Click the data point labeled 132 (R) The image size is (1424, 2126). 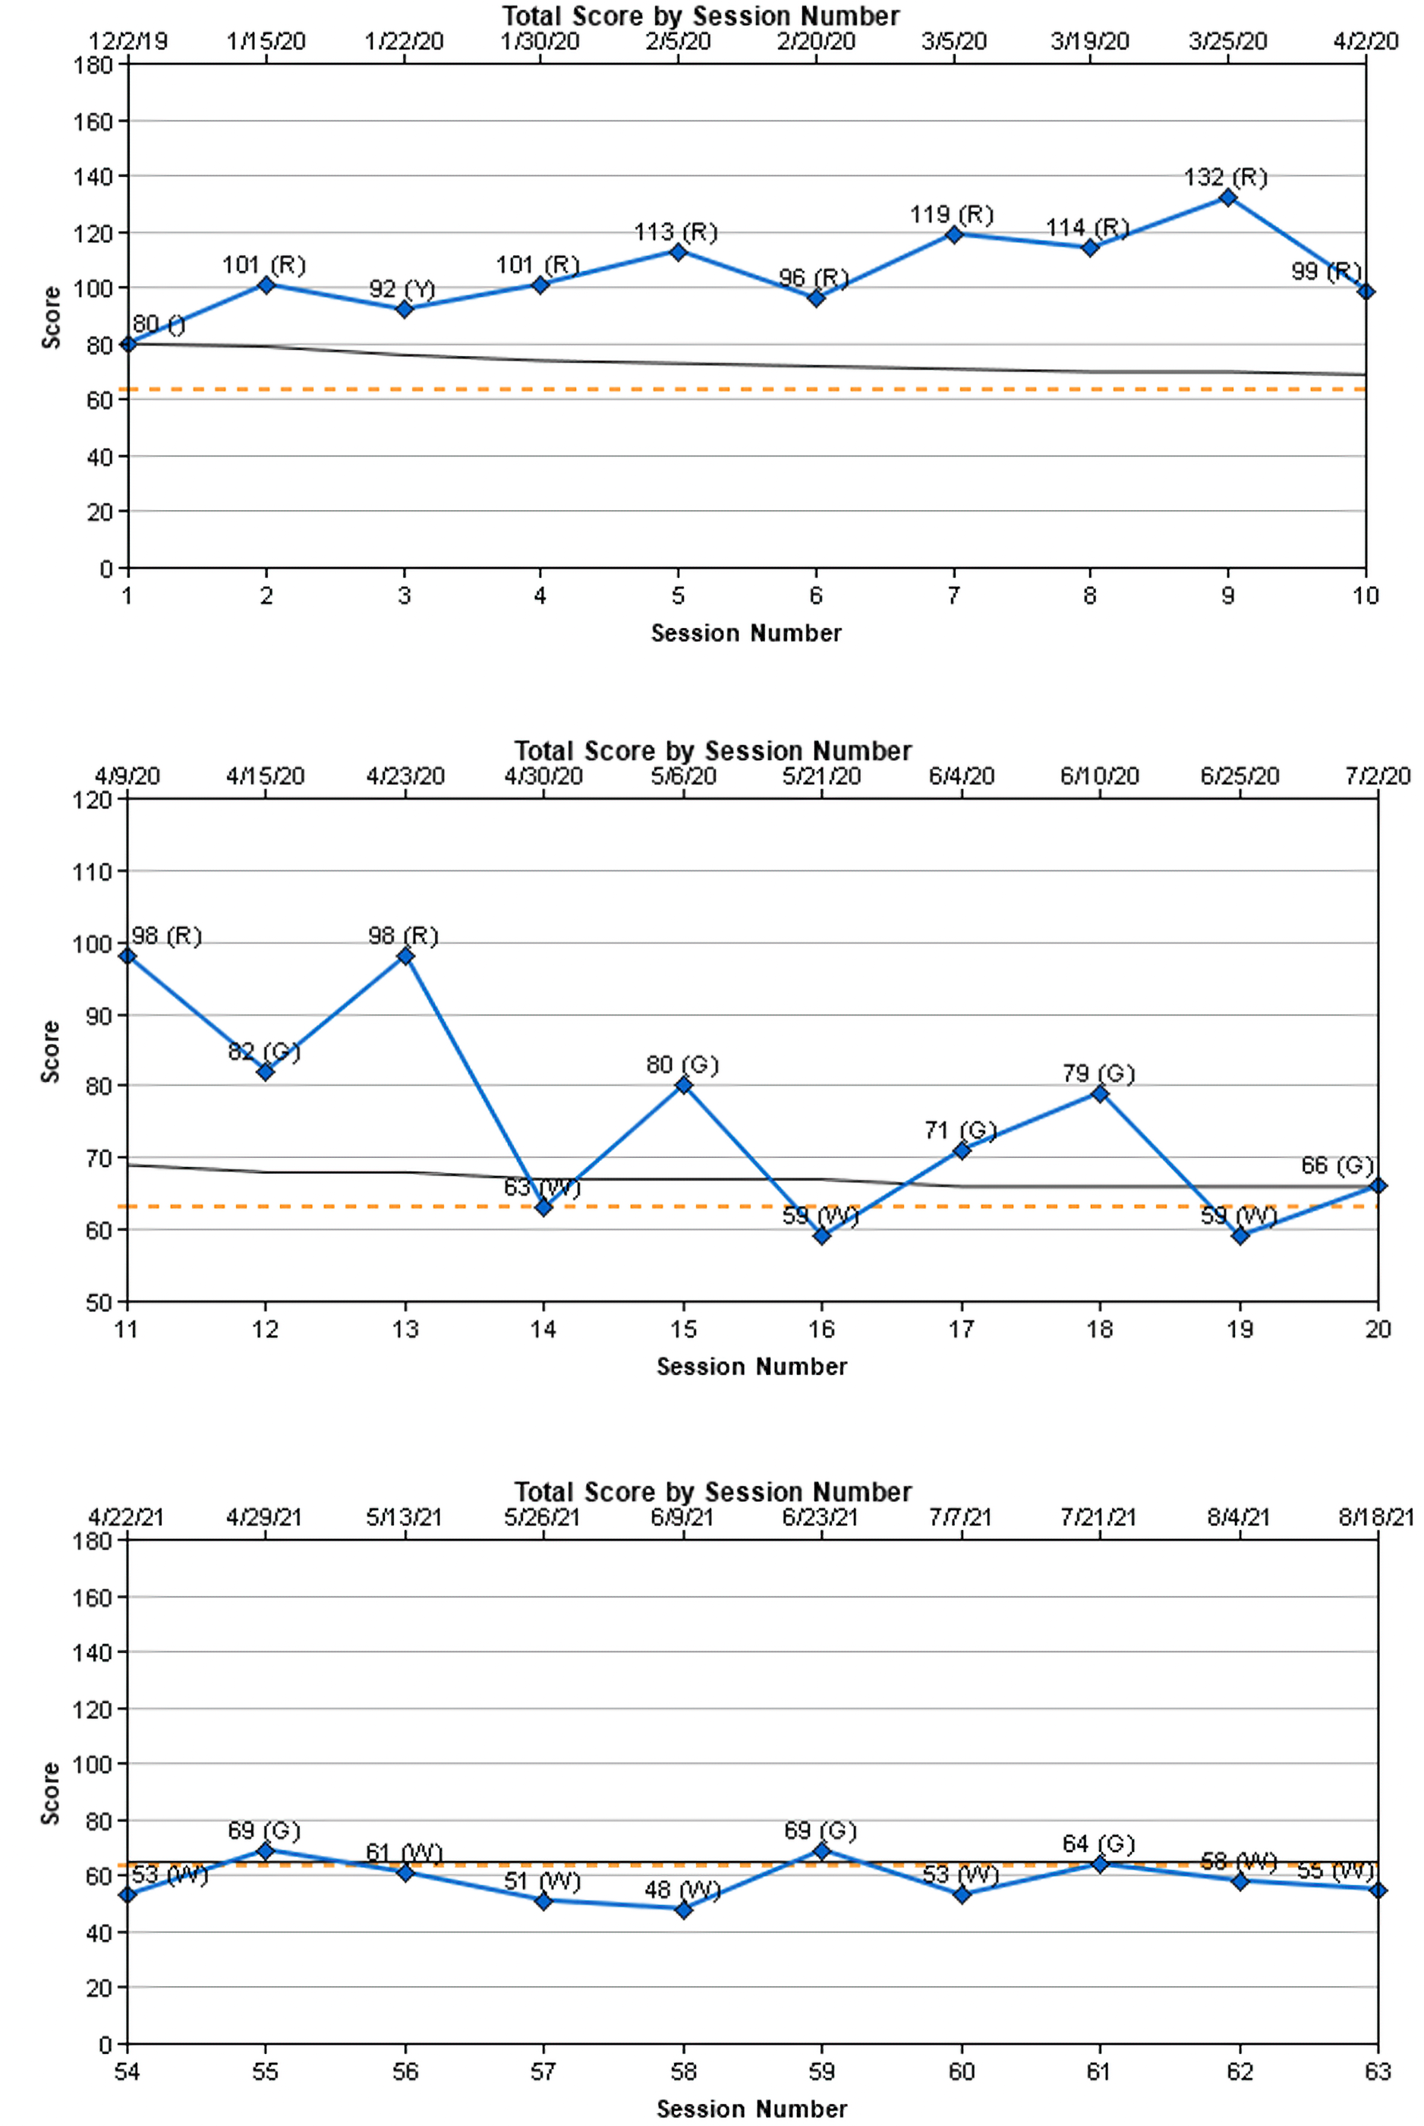coord(1228,197)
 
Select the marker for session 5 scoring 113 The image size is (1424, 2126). coord(678,251)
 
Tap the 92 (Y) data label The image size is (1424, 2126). coord(402,290)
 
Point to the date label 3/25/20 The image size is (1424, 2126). coord(1228,42)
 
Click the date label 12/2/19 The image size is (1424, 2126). coord(128,42)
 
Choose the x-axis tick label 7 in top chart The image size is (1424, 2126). coord(953,596)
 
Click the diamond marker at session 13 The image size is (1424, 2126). coord(405,955)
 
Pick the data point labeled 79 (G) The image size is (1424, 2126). coord(1100,1093)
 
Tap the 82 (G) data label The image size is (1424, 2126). coord(263,1052)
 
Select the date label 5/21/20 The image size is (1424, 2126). coord(821,777)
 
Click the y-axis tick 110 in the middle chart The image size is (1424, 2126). coord(92,872)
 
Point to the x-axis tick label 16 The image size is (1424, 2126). coord(821,1330)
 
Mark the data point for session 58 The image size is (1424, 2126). coord(684,1910)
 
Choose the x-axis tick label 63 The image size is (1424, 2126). coord(1378,2071)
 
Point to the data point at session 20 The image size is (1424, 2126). coord(1378,1185)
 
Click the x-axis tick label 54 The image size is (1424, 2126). coord(128,2071)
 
